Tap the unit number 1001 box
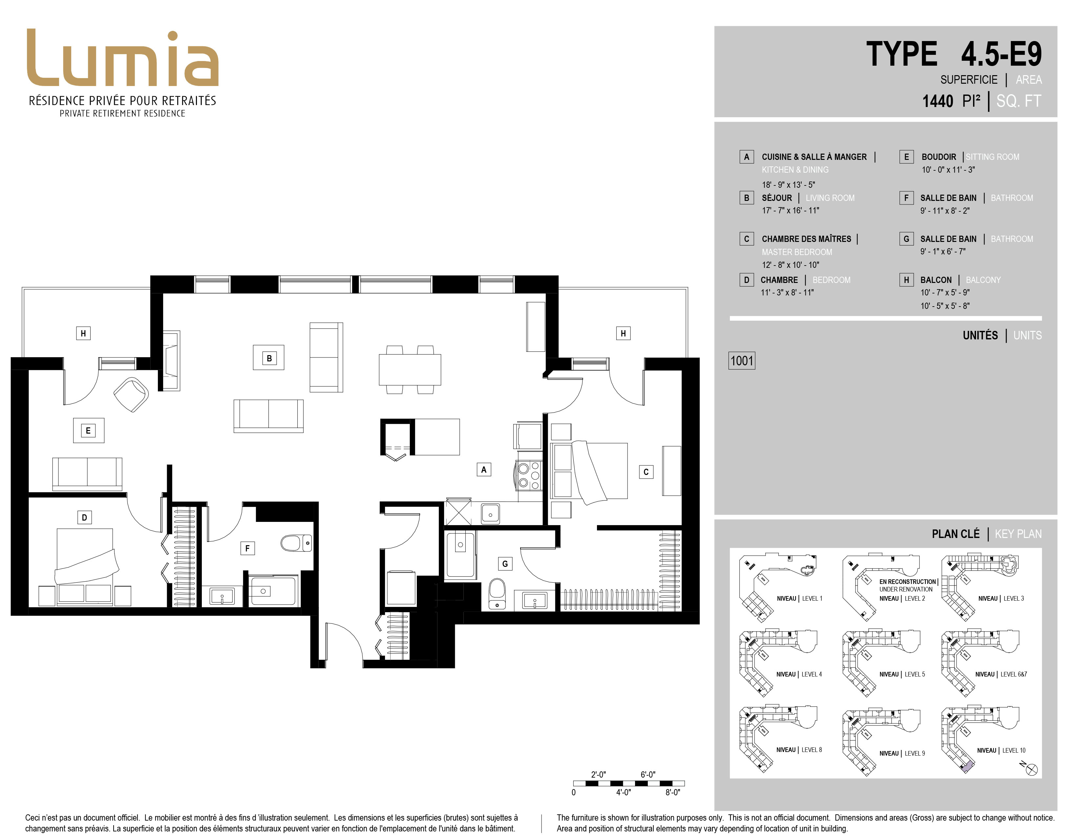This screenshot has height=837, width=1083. tap(742, 360)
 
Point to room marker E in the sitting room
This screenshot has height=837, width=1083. tap(88, 430)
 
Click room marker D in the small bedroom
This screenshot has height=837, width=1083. tap(84, 518)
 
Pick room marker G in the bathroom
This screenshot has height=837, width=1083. tap(505, 563)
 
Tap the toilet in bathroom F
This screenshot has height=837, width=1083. tap(296, 543)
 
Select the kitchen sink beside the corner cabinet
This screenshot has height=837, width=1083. tap(490, 513)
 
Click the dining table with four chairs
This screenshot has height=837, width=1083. tap(410, 369)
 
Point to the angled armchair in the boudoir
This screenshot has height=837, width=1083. tap(131, 395)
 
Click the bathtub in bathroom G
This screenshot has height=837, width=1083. tap(460, 554)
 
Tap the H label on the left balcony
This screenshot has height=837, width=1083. tap(83, 333)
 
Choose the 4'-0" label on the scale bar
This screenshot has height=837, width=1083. tap(623, 792)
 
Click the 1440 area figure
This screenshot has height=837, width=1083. tap(937, 101)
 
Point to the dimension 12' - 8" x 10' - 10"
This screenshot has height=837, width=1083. tap(791, 265)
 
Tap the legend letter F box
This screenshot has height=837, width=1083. tap(906, 198)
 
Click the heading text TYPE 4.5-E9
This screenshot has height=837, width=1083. tap(954, 54)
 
